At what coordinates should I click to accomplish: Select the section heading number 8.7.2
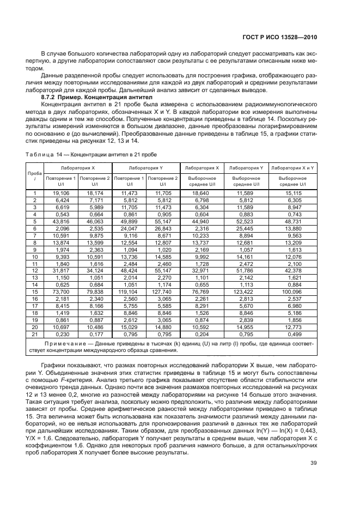point(50,96)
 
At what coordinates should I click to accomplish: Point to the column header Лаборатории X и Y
point(292,168)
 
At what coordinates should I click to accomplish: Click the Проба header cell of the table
point(34,175)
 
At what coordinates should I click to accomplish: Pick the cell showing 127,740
point(163,292)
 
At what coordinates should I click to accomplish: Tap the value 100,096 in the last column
point(292,292)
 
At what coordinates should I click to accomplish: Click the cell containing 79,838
point(94,292)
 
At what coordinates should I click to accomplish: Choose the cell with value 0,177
point(94,335)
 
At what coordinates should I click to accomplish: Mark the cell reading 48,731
point(292,221)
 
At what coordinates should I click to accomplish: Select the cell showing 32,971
point(202,271)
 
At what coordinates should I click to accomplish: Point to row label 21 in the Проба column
point(34,335)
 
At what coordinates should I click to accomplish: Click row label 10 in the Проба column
point(34,257)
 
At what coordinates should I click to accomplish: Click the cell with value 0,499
point(292,335)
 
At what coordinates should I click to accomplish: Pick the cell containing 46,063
point(94,221)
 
